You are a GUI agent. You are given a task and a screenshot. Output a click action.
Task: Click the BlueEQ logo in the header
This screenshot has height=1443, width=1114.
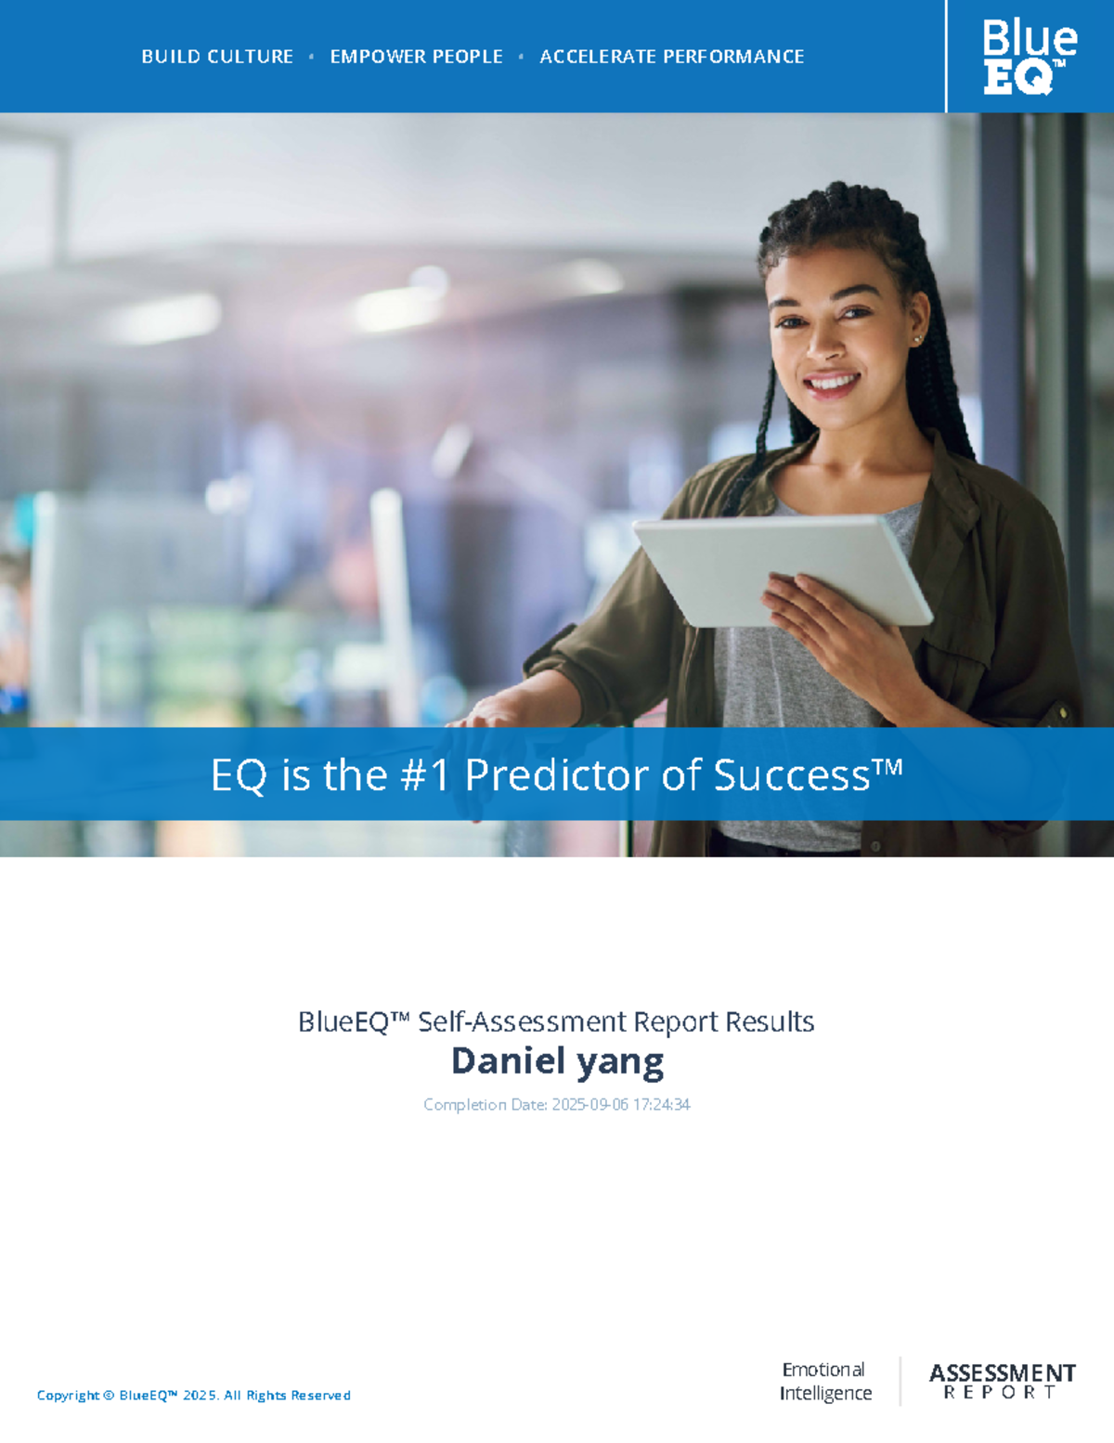coord(1029,58)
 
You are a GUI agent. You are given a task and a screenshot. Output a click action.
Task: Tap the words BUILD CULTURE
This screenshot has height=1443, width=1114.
coord(217,57)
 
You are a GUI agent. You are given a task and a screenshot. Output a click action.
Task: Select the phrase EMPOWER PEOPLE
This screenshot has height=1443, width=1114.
coord(416,57)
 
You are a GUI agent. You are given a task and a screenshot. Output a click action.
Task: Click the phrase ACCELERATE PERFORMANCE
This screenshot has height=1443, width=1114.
coord(671,57)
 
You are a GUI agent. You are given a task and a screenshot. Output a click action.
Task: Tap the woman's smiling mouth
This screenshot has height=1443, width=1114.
coord(832,382)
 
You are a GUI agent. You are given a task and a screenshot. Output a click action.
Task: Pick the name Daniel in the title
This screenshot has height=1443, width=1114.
coord(507,1060)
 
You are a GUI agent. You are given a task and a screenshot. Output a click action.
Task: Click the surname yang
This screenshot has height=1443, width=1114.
coord(620,1062)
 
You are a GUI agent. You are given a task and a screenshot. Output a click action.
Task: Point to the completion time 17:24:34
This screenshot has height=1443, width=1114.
coord(661,1104)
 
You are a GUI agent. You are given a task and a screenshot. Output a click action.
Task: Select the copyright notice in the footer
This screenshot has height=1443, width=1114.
coord(193,1395)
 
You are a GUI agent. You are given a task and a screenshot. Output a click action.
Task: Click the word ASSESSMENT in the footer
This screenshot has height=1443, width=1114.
coord(1002,1372)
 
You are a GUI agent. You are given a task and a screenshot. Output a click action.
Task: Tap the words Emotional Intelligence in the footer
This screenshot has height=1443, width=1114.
coord(824,1381)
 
